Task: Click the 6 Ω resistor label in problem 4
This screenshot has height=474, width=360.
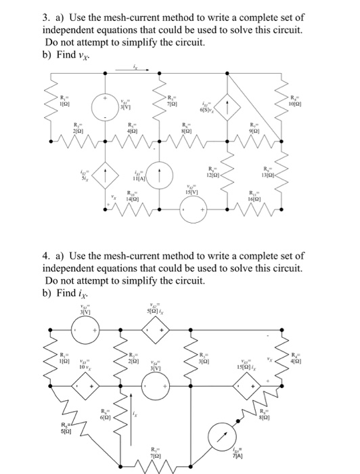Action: point(104,413)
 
